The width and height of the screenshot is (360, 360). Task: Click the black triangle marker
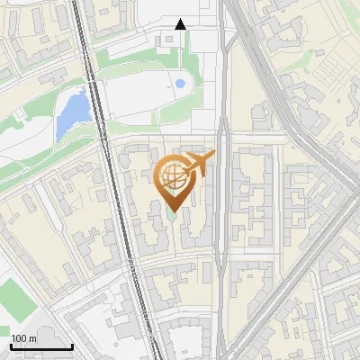(181, 25)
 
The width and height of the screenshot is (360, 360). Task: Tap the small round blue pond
(180, 84)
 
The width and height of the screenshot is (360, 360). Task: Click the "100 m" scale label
(24, 337)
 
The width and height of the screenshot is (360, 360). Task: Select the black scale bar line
(41, 346)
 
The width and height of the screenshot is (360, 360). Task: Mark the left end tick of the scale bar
(11, 345)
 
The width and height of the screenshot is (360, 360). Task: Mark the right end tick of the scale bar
(72, 345)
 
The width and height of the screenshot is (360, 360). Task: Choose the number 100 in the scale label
(19, 337)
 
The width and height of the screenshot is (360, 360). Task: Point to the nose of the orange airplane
(213, 155)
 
